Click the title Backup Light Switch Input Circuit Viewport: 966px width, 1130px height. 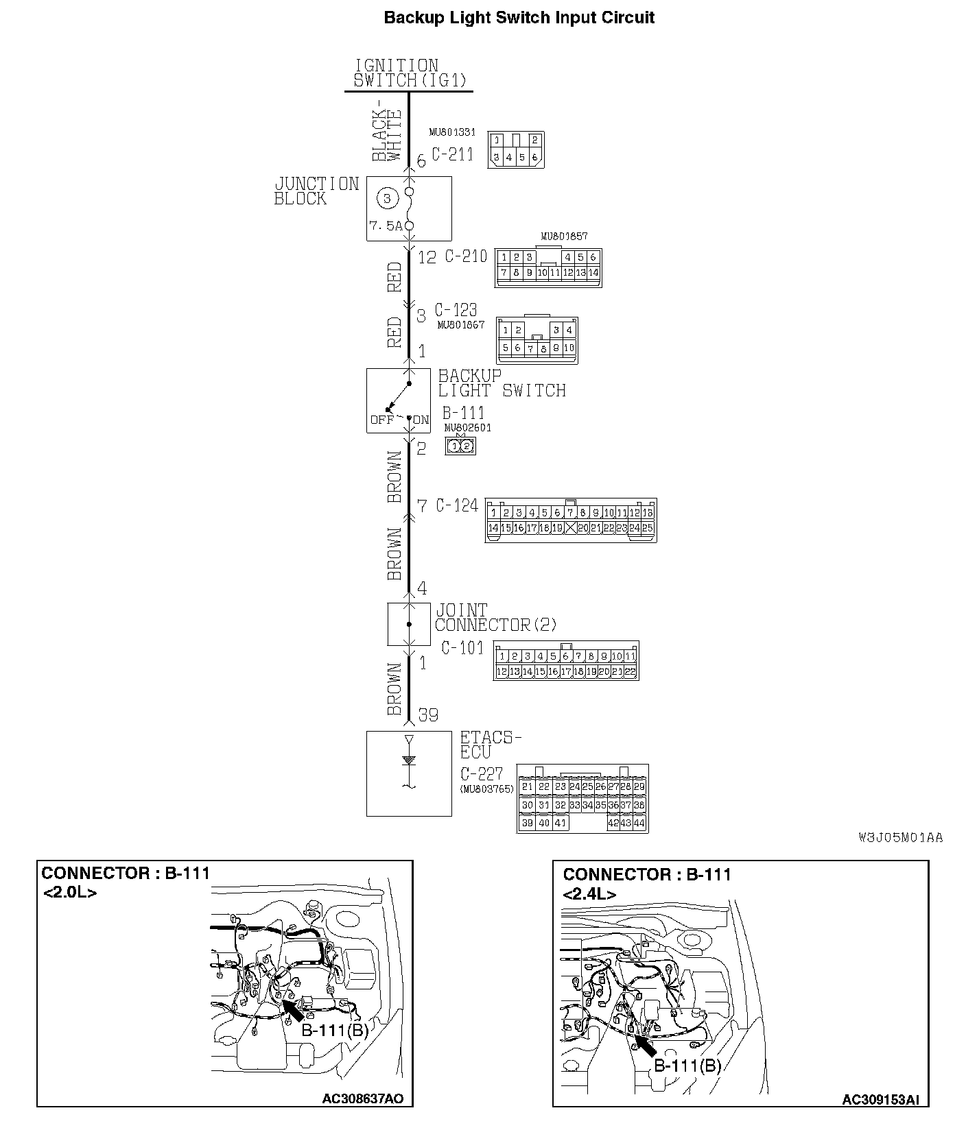[519, 18]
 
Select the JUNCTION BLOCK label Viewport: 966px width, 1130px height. [316, 191]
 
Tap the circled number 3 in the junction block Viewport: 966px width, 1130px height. [387, 199]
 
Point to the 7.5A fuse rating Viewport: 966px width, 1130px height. [385, 226]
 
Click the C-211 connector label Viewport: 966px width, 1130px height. [452, 154]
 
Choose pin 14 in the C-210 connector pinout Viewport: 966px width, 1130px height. [593, 273]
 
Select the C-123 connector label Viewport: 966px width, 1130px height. [456, 311]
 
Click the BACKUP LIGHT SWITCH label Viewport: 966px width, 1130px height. [501, 383]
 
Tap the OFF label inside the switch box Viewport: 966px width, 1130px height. [381, 420]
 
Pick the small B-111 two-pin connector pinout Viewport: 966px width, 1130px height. [460, 446]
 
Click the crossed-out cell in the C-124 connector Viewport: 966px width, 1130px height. [569, 528]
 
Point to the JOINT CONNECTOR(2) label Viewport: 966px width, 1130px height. [495, 618]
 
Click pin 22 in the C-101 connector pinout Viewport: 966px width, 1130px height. [630, 672]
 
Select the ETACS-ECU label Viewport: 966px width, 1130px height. [490, 745]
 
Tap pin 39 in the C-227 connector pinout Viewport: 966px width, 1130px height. [527, 823]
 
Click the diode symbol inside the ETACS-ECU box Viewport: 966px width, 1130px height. [409, 760]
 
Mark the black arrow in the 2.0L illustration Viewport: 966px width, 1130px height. [293, 1011]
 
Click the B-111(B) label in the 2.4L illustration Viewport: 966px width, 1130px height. [687, 1066]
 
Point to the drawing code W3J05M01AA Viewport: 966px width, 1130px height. [900, 837]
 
